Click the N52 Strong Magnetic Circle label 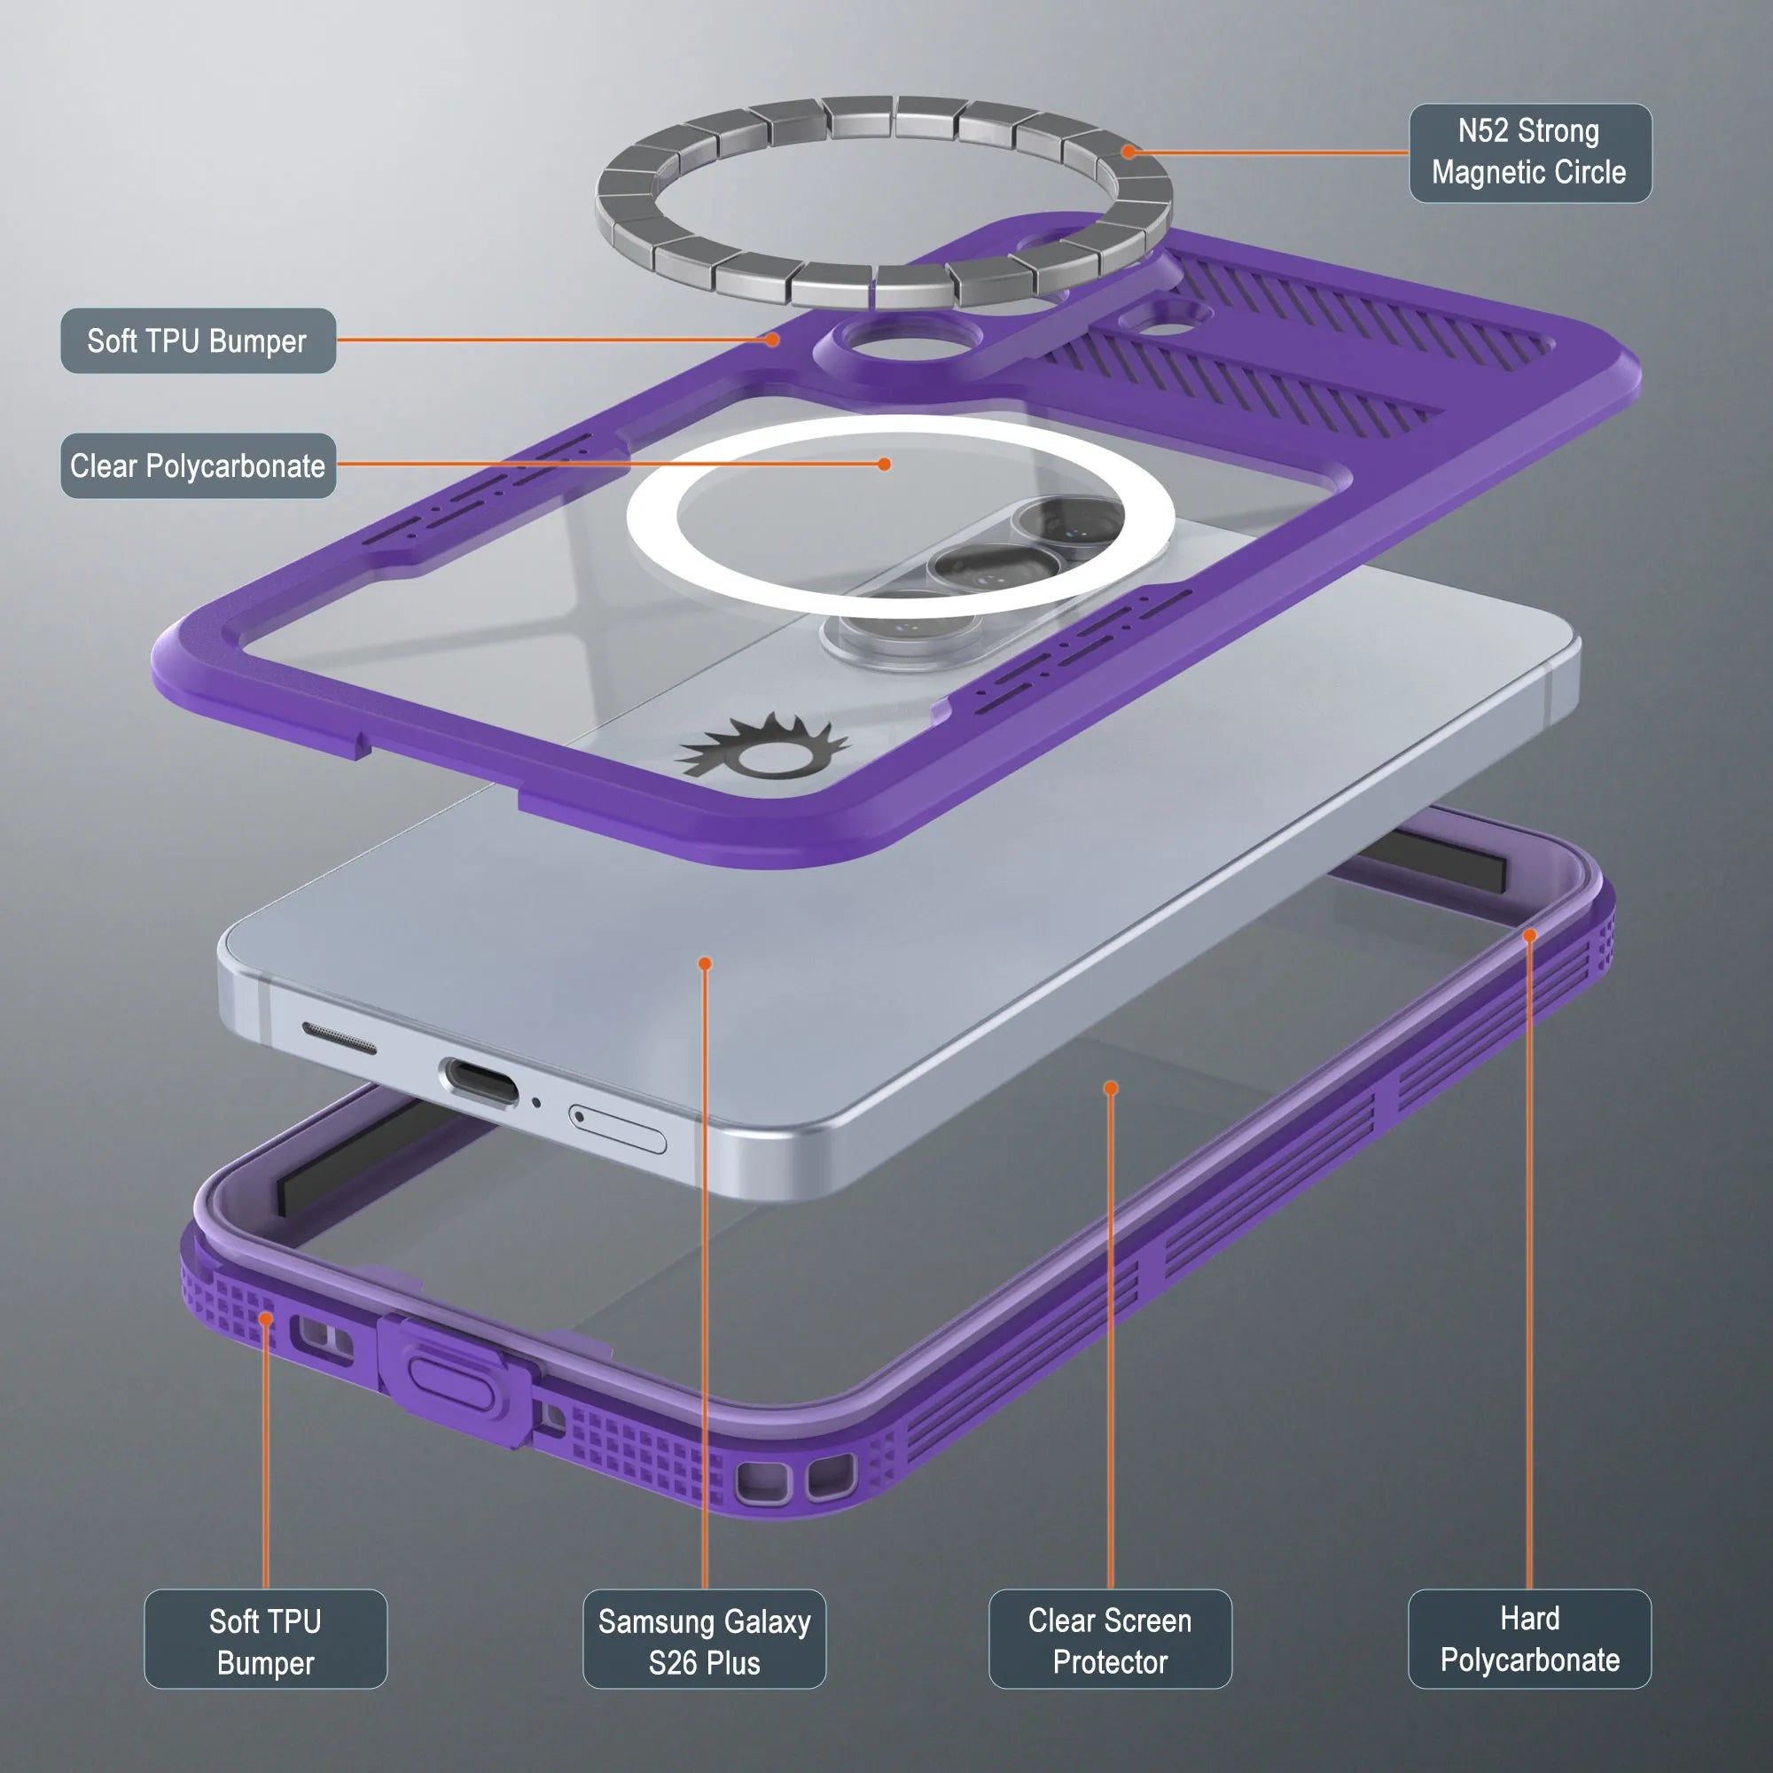[1530, 152]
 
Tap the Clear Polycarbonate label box [199, 465]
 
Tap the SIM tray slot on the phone [618, 1129]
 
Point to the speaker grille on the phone [339, 1037]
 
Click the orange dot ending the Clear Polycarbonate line [884, 465]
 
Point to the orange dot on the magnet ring [1128, 152]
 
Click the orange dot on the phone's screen [705, 963]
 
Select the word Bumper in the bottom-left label [265, 1663]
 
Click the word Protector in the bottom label [1110, 1662]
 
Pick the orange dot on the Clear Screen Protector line [1111, 1089]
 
